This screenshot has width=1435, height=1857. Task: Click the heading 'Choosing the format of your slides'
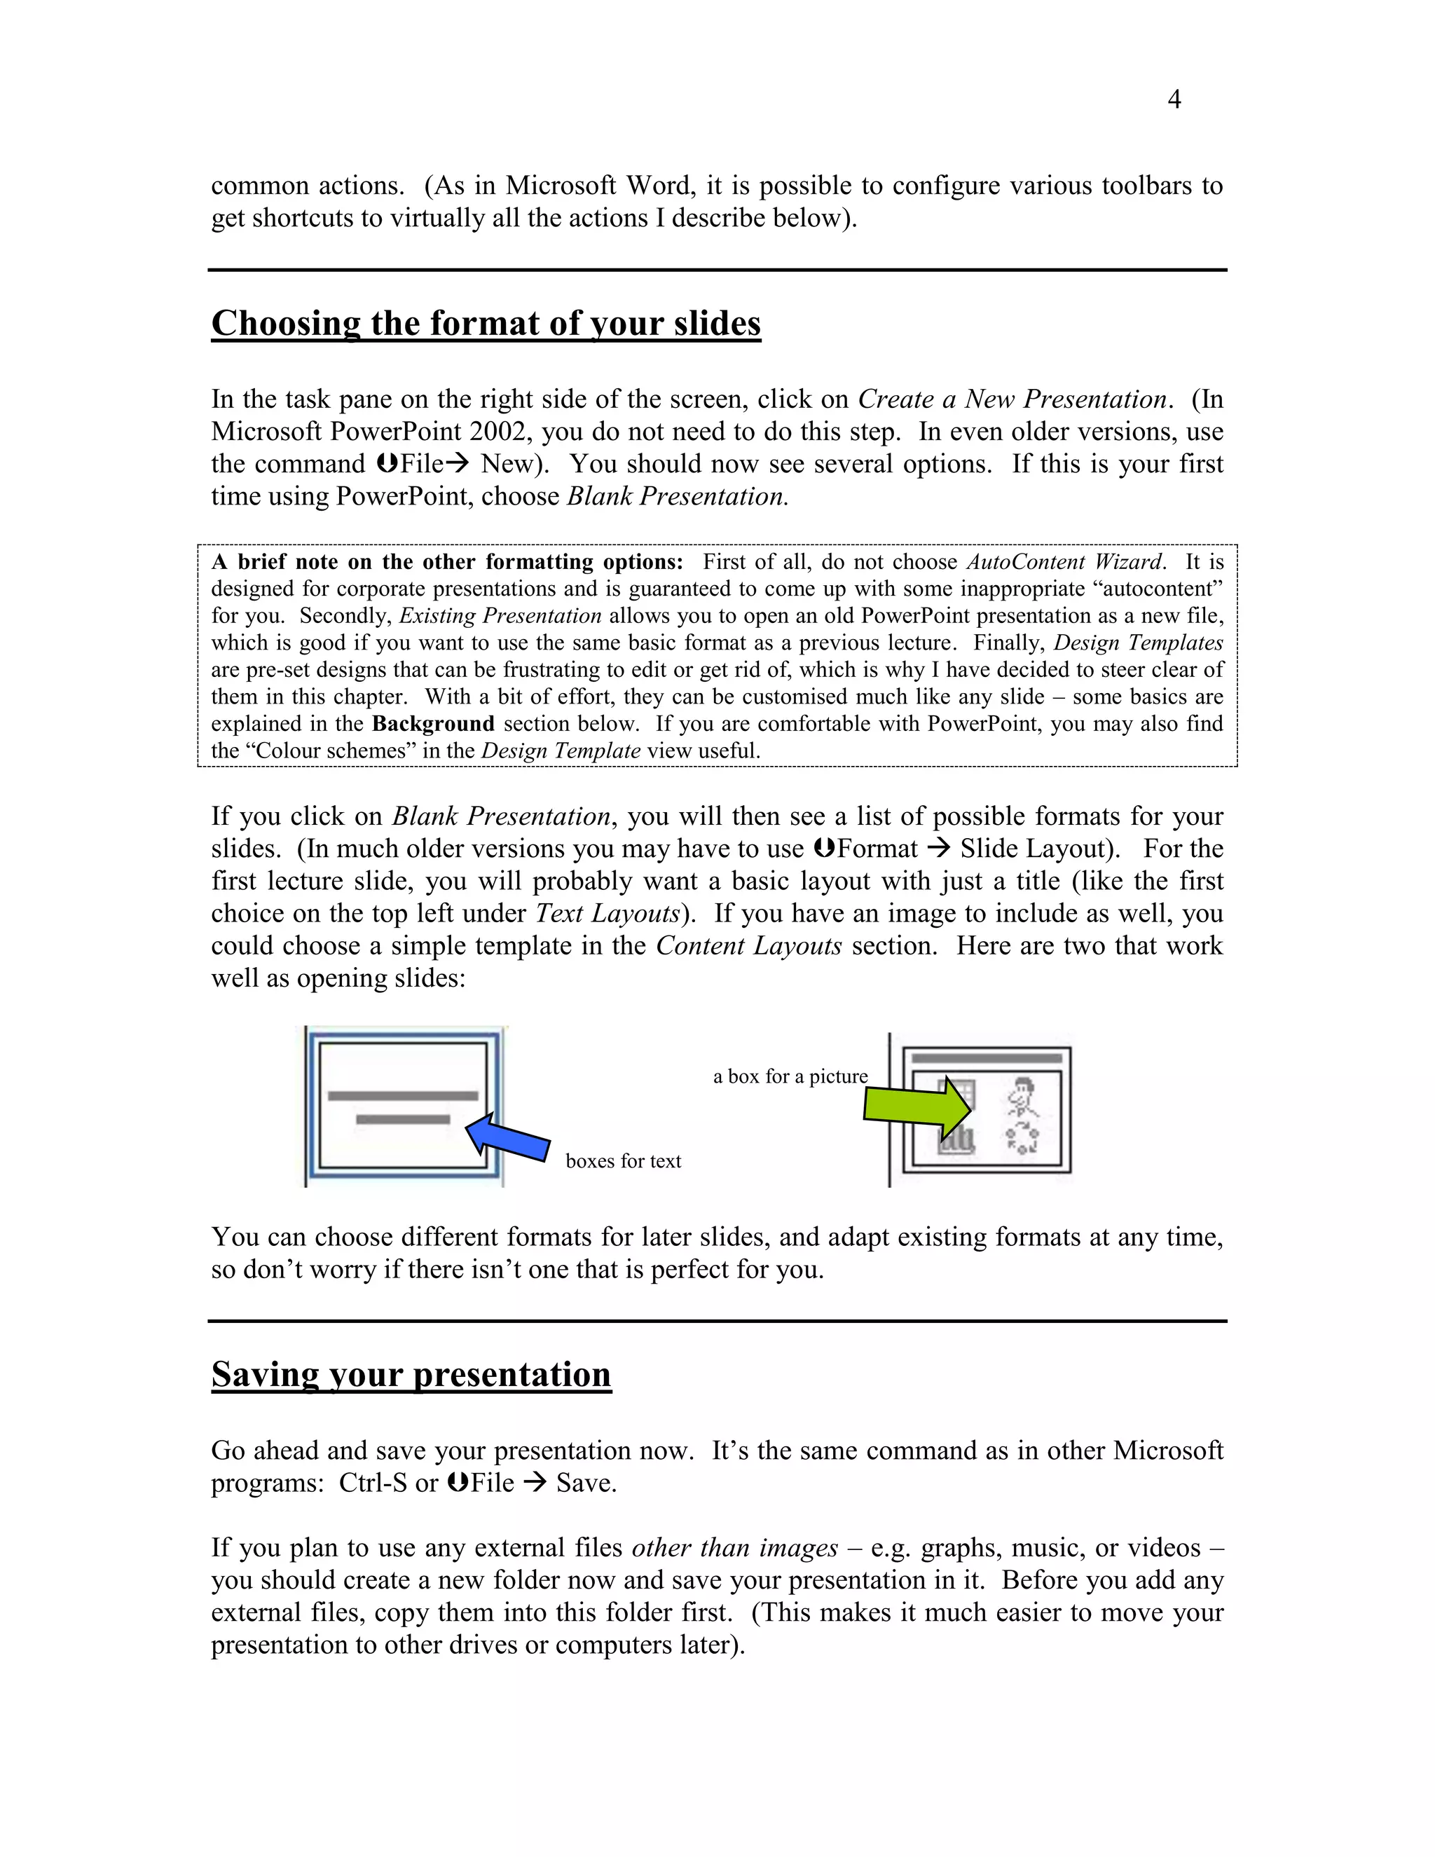[x=486, y=324]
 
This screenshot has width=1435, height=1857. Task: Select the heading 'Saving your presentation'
[x=411, y=1375]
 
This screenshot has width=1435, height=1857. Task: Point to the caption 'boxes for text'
[x=623, y=1161]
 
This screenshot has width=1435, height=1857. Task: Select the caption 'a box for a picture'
[x=790, y=1076]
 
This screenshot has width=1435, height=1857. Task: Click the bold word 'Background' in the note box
[x=433, y=724]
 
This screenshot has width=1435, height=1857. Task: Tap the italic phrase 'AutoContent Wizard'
[x=1064, y=562]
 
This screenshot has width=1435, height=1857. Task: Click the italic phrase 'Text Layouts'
[x=607, y=913]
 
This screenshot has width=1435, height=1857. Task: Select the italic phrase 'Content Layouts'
[x=748, y=945]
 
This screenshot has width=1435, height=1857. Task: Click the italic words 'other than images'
[x=734, y=1547]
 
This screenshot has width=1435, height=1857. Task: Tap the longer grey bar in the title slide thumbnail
[x=403, y=1096]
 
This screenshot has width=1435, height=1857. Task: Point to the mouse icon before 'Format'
[x=823, y=849]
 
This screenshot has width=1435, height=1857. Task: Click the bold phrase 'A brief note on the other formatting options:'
[x=447, y=562]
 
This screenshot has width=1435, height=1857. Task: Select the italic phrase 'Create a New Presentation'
[x=1012, y=399]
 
